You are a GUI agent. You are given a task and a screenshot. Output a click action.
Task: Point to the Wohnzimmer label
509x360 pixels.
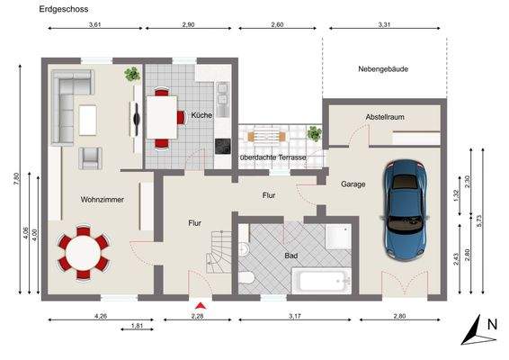(102, 200)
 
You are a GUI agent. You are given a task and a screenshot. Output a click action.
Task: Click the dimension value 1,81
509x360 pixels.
(137, 326)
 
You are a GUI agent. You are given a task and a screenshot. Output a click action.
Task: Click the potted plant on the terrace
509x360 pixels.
(314, 132)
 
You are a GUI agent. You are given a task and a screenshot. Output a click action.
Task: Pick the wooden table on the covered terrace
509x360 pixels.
(263, 136)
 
